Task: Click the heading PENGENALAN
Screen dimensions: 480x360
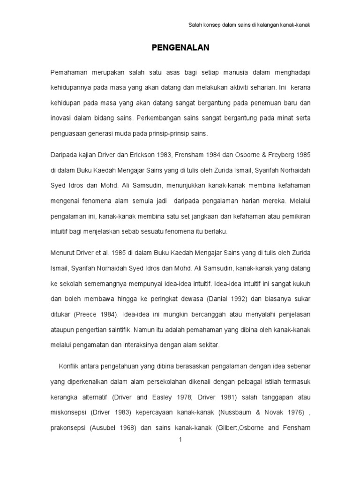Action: (180, 47)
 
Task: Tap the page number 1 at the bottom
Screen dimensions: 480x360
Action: (180, 440)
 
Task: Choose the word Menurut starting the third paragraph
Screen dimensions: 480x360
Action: (62, 253)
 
